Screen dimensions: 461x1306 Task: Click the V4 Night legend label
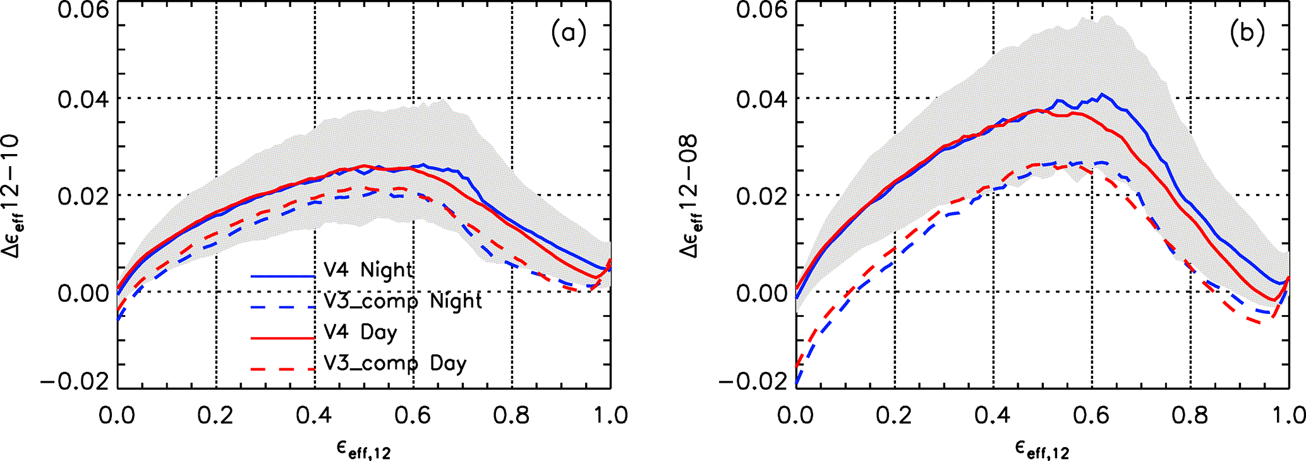(368, 270)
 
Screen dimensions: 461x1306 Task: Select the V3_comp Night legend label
(402, 301)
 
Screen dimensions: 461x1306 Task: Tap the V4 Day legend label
(360, 332)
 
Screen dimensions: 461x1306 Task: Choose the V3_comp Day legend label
(395, 364)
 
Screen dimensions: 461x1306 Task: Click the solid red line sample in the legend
(282, 338)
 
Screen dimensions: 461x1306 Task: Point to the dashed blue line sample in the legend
(282, 308)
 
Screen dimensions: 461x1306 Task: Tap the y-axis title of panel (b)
(692, 196)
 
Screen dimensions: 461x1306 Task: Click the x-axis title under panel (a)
(363, 449)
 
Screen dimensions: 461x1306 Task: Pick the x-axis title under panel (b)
(1042, 449)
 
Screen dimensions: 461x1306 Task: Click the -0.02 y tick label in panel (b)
(756, 382)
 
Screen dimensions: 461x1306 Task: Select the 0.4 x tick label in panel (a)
(314, 416)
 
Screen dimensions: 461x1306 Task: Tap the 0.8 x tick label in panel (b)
(1190, 416)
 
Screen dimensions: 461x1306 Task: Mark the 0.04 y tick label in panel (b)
(761, 99)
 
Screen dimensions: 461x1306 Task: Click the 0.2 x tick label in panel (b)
(895, 416)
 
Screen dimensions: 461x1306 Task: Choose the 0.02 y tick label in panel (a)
(83, 196)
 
